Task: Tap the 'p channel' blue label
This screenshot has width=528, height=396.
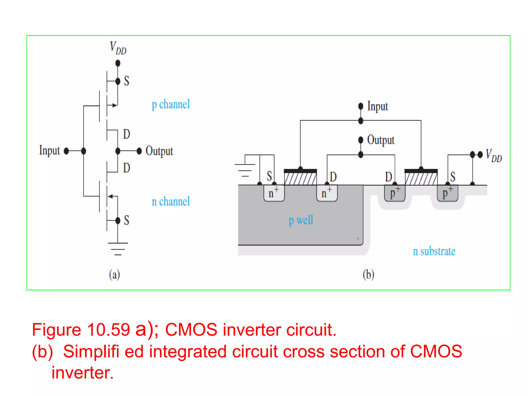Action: click(x=171, y=104)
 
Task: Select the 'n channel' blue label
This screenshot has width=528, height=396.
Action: click(x=171, y=201)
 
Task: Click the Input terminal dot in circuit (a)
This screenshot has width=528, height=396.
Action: click(x=66, y=151)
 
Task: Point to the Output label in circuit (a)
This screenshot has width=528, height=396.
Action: click(x=159, y=151)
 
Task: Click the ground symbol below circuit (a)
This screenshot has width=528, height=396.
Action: click(x=118, y=249)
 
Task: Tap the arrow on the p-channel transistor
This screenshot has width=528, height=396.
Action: click(x=114, y=105)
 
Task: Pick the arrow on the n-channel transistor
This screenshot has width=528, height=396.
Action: click(x=111, y=196)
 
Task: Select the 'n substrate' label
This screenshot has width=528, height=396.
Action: click(x=434, y=251)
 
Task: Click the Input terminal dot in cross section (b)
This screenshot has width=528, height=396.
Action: click(x=361, y=106)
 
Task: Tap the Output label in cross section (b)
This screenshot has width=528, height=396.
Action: click(x=381, y=140)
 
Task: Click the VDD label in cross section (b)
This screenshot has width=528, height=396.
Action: click(x=494, y=155)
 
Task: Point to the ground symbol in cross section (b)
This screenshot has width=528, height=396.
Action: click(x=245, y=170)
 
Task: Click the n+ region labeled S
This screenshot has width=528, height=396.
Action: click(x=274, y=193)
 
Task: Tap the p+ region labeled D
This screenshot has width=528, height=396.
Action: click(x=394, y=193)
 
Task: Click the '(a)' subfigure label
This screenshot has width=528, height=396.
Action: click(x=114, y=274)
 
